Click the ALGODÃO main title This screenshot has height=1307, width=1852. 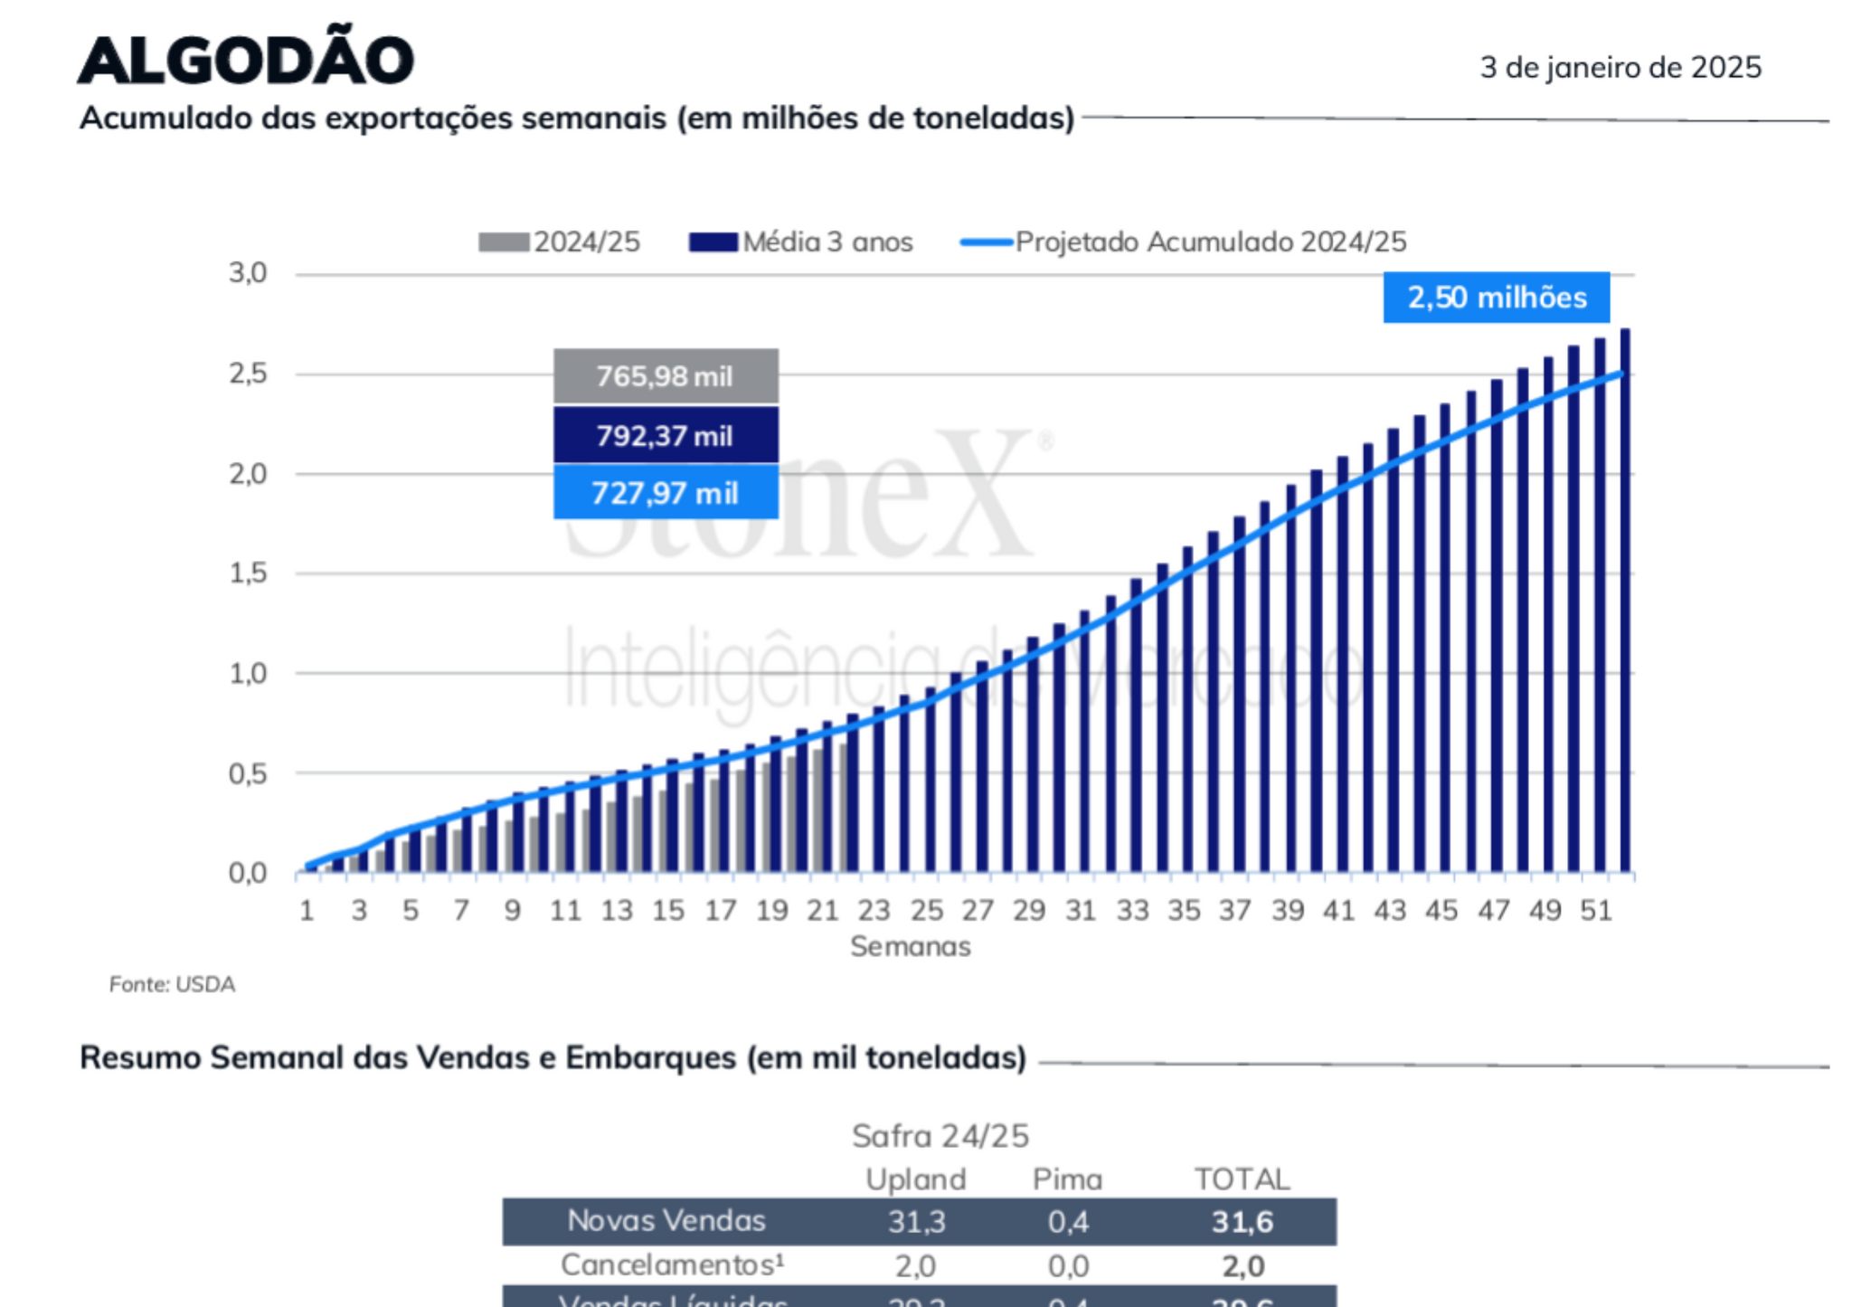click(x=246, y=60)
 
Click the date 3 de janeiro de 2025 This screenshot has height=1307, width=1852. click(x=1620, y=68)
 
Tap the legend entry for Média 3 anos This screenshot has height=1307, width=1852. click(x=801, y=242)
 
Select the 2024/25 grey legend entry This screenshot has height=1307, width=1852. click(x=560, y=242)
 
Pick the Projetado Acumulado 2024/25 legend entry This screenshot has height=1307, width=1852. click(x=1184, y=242)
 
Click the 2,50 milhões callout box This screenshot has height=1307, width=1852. click(x=1496, y=298)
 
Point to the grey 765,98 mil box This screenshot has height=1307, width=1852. click(x=666, y=376)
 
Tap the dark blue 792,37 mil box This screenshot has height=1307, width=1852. click(x=666, y=436)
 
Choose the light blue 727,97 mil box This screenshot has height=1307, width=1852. click(x=666, y=493)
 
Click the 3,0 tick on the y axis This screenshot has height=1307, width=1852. click(x=248, y=273)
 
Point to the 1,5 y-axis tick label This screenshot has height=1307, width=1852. click(x=248, y=573)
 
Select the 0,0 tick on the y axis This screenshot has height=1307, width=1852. click(x=248, y=874)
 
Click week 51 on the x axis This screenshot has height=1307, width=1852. click(x=1596, y=911)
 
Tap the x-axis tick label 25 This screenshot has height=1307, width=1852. click(x=927, y=911)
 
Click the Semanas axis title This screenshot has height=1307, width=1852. click(x=910, y=947)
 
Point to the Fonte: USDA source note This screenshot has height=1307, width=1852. click(x=172, y=984)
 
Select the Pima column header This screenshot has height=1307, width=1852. click(x=1067, y=1179)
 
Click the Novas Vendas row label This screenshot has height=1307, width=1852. click(x=666, y=1221)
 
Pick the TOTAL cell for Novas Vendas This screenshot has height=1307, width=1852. click(x=1243, y=1222)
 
